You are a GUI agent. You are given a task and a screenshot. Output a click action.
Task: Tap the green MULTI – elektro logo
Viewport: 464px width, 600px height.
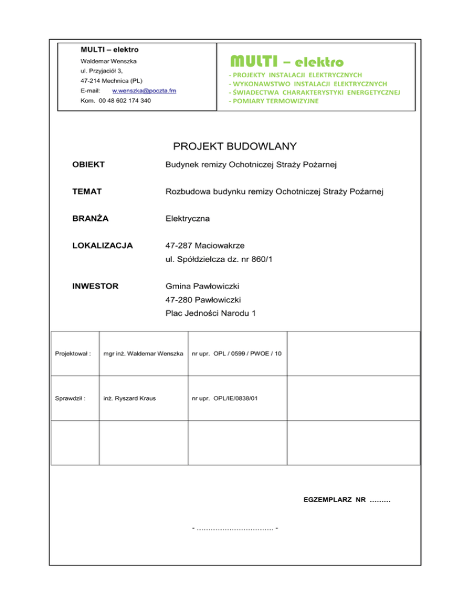286,62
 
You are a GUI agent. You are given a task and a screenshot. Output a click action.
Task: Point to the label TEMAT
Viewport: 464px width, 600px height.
86,192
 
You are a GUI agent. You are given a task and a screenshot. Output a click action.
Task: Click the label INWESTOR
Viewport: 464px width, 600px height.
95,286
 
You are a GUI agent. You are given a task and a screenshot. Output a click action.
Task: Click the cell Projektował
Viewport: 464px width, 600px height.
73,353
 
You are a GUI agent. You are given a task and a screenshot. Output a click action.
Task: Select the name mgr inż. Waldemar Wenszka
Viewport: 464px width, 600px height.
143,353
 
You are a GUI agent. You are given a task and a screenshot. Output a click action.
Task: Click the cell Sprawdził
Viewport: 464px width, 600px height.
70,398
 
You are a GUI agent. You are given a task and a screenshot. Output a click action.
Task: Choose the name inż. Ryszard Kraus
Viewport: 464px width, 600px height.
127,398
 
